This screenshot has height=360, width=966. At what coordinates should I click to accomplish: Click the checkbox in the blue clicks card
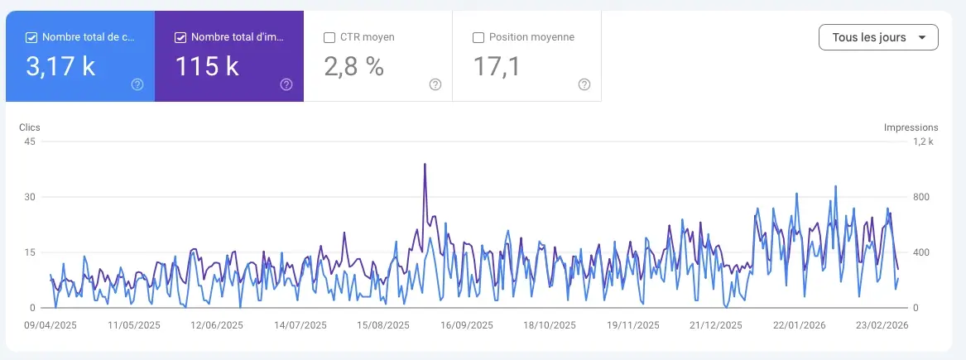pos(31,37)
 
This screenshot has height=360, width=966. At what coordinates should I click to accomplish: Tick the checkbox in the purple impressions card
pos(180,37)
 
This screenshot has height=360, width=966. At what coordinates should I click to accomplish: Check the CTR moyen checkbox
pos(329,37)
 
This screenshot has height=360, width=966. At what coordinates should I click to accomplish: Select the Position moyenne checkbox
pos(478,37)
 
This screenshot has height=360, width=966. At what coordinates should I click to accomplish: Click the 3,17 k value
pos(60,67)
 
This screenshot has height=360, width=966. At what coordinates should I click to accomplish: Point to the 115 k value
pos(207,67)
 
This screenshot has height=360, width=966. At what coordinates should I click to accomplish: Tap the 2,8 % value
pos(353,67)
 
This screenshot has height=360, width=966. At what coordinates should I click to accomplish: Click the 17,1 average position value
pos(497,67)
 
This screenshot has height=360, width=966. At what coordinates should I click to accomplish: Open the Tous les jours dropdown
pos(877,37)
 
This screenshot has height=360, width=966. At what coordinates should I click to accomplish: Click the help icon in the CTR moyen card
pos(435,84)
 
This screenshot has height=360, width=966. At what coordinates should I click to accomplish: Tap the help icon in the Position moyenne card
pos(584,84)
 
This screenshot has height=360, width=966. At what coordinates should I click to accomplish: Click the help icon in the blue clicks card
pos(137,84)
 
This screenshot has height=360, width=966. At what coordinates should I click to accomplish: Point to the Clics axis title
pos(30,127)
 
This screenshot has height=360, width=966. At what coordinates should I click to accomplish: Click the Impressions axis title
pos(911,127)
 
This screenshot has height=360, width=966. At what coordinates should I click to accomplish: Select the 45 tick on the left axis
pos(30,142)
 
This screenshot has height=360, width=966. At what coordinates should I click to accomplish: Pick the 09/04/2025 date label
pos(50,325)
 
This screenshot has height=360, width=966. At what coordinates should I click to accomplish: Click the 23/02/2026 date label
pos(883,325)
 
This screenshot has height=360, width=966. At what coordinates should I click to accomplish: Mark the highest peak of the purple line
pos(425,164)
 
